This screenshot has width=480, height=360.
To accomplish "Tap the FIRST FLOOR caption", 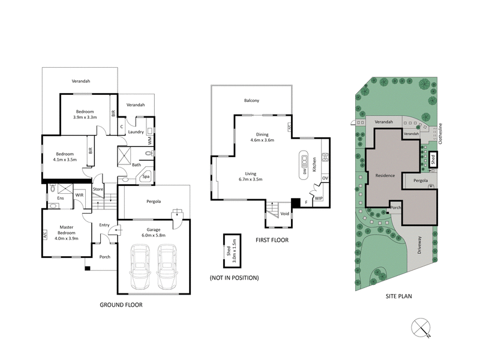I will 271,240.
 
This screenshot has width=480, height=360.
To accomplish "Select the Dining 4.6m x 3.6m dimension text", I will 262,137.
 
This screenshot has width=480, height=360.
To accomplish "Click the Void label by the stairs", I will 285,214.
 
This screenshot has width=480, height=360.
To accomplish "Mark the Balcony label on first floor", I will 251,101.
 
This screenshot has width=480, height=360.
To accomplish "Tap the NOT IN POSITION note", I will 235,278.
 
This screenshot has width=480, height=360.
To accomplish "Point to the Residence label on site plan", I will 385,176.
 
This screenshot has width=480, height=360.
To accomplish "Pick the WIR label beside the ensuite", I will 79,195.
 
